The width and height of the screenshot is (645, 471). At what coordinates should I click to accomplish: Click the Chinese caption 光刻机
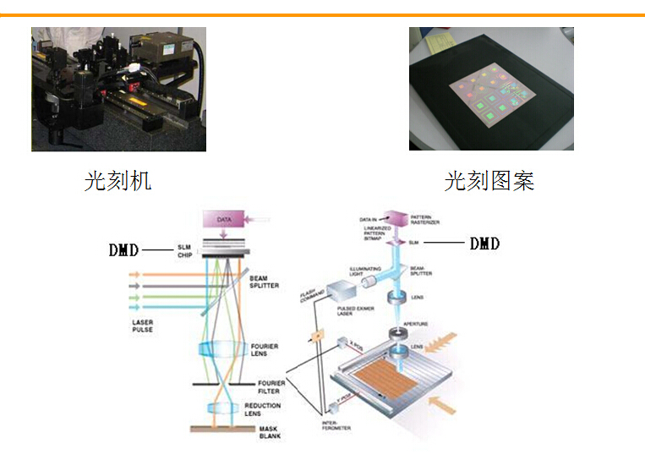tap(118, 180)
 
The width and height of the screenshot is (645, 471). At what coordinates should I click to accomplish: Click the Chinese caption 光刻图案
tap(489, 180)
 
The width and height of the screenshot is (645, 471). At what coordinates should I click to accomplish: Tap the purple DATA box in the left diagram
tap(223, 219)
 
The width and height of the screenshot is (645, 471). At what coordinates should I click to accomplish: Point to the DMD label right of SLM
tap(484, 244)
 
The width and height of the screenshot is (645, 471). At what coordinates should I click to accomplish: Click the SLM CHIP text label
tap(185, 251)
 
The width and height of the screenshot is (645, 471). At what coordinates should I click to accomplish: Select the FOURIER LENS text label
tap(264, 350)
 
